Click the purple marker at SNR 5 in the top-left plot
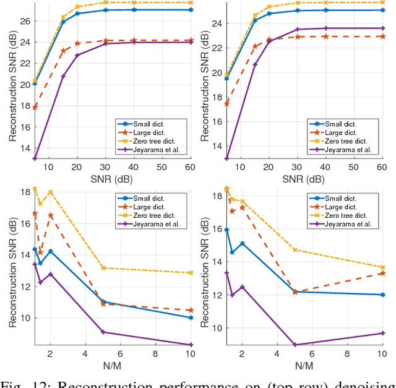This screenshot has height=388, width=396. point(35,158)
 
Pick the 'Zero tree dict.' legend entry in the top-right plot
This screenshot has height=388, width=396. point(349,140)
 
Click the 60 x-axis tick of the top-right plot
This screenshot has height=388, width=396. point(381,167)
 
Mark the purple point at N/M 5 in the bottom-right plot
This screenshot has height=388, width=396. point(295,345)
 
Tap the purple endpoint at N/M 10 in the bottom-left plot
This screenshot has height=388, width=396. point(191,345)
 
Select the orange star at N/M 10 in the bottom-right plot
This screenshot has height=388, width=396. point(381,273)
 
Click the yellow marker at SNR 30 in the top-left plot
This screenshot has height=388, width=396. point(106,3)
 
